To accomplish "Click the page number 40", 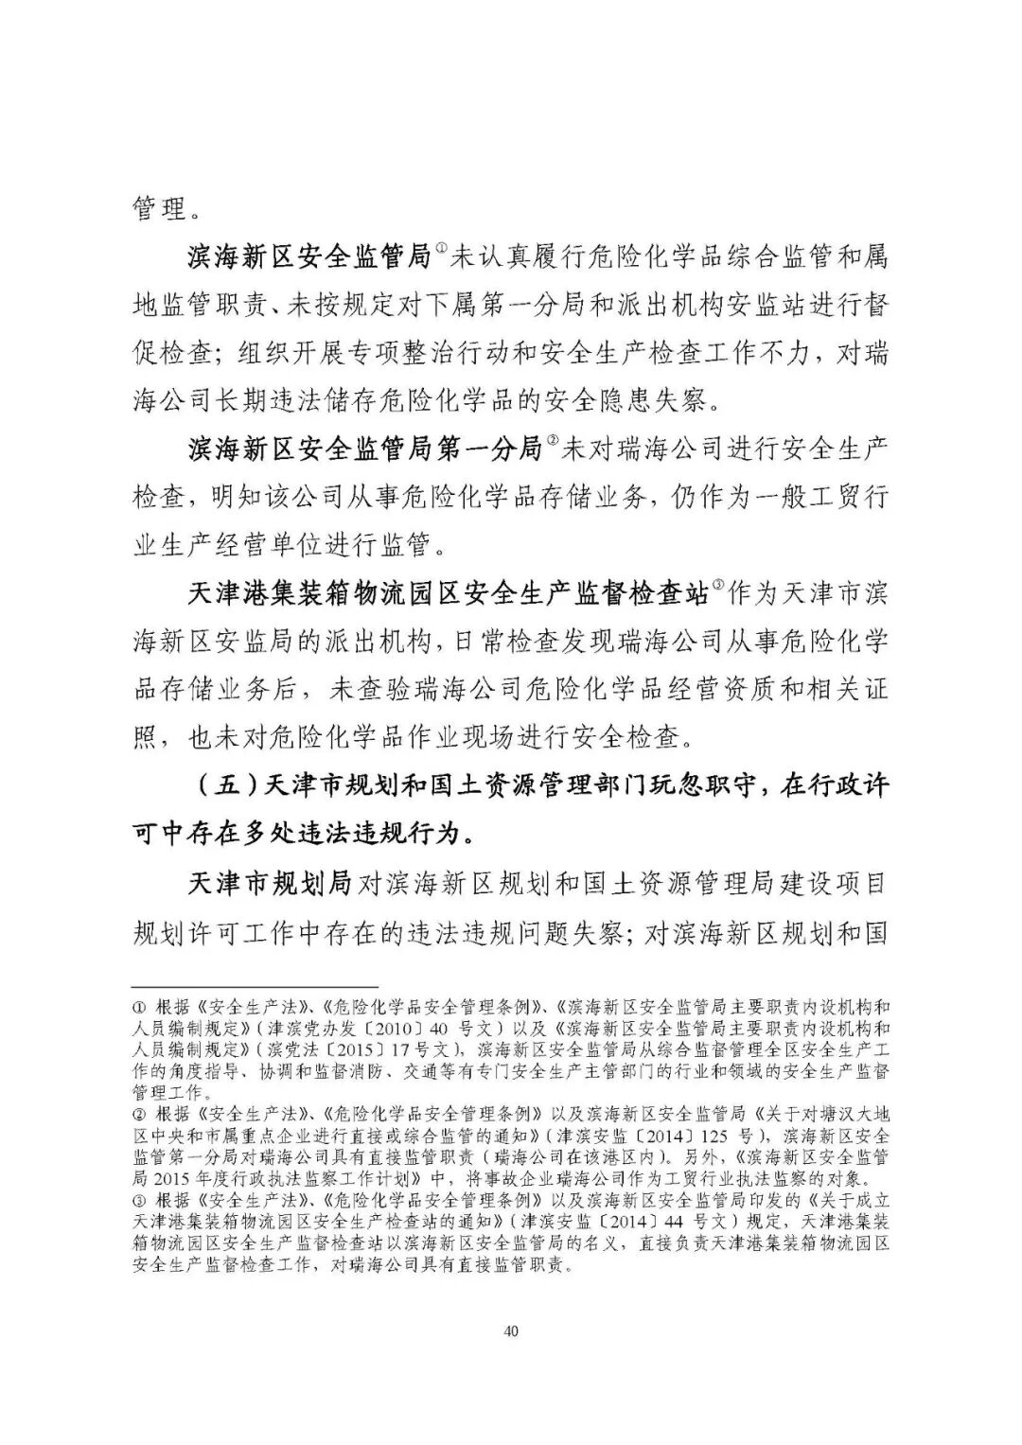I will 511,1331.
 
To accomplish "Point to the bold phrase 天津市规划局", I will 270,885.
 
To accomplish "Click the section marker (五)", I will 227,787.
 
